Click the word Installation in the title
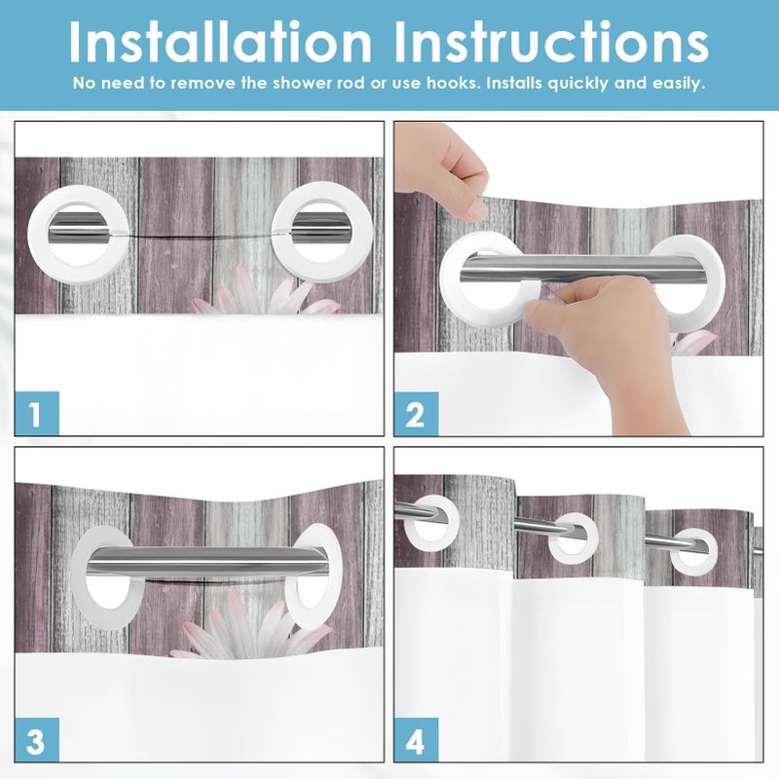[220, 42]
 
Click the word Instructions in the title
[551, 42]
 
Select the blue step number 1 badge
[37, 413]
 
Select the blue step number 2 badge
[417, 414]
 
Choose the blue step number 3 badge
[37, 740]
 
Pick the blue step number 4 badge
[417, 740]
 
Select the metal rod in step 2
[583, 270]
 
